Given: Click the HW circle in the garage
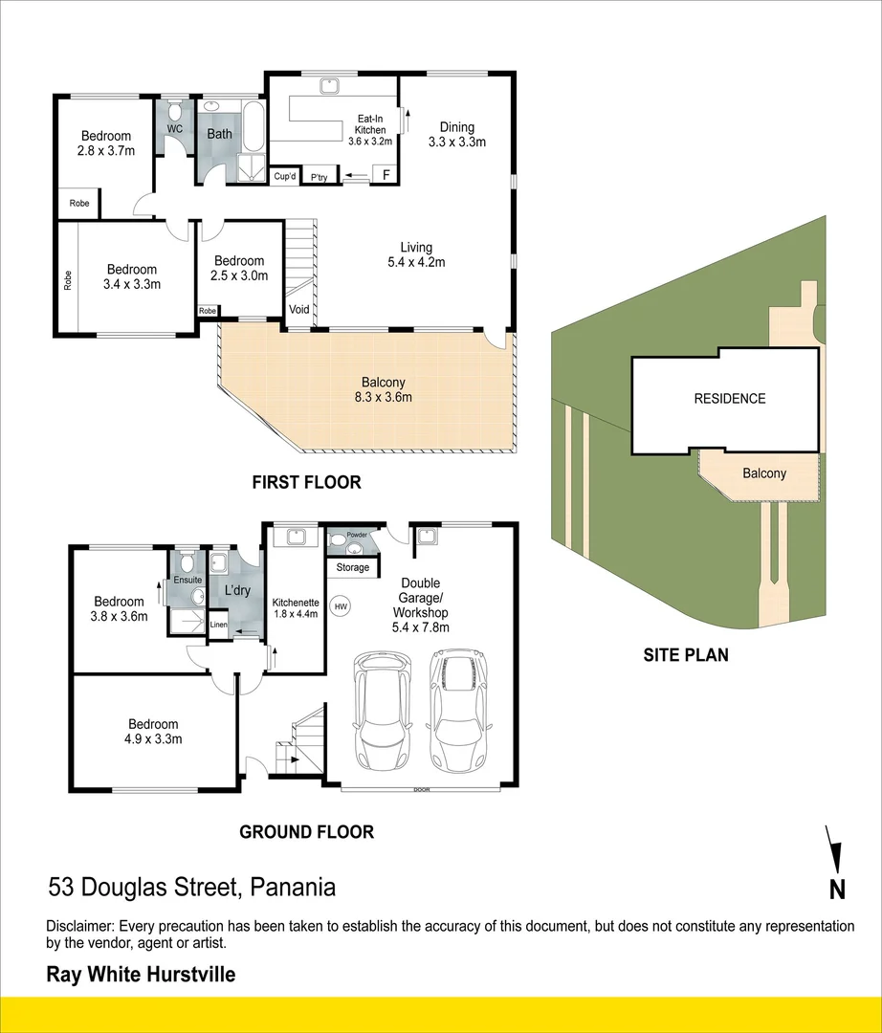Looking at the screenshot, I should [341, 605].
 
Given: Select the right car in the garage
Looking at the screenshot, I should [457, 710].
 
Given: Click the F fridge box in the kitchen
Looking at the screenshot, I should [386, 174].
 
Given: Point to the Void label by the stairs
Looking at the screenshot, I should [299, 310].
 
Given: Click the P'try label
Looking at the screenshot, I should [319, 177].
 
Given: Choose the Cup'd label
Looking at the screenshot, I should [284, 177].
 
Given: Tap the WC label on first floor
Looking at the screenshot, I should [175, 129].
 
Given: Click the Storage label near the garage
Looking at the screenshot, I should [353, 568].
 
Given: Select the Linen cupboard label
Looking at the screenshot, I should [219, 626].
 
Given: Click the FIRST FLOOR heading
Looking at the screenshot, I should [306, 482].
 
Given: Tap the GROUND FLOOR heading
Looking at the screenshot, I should [306, 832].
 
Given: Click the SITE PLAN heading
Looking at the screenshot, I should [685, 655].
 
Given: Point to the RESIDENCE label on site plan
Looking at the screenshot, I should [729, 399].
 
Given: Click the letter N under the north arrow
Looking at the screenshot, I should [837, 890].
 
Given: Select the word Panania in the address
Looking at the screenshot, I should [293, 888].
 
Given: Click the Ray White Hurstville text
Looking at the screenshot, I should [141, 975].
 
